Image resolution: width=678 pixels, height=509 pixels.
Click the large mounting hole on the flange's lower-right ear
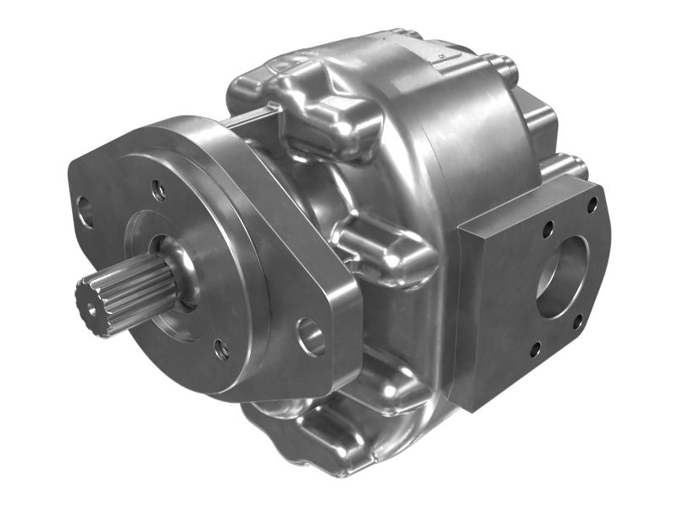311,337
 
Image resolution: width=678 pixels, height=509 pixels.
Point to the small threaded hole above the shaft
158,191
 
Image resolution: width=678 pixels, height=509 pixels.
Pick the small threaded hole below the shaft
221,347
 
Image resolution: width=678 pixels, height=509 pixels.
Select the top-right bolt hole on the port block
592,204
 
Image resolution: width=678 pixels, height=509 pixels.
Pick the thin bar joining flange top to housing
250,119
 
